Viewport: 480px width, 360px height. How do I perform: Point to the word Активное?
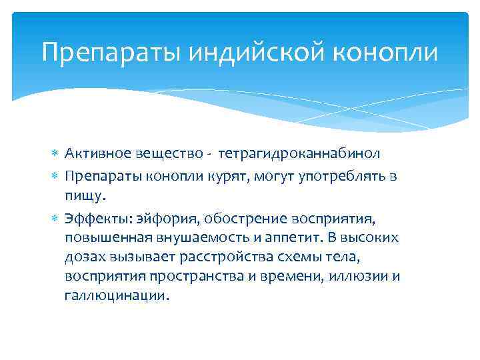pyautogui.click(x=95, y=153)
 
